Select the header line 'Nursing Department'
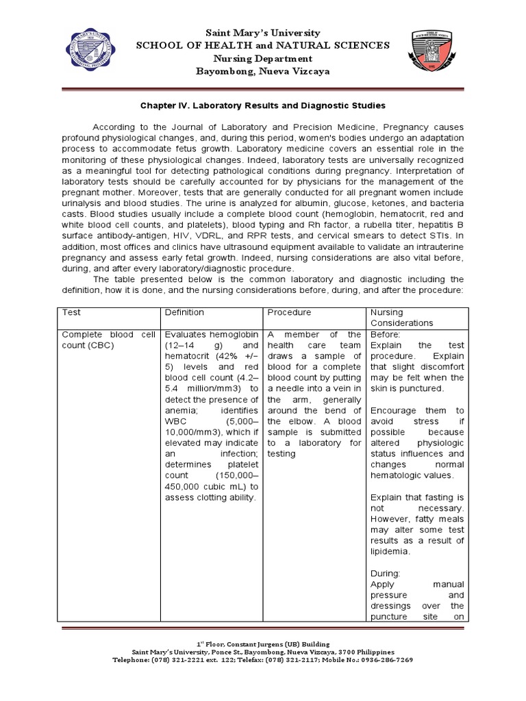coord(263,58)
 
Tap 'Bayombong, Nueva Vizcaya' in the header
coord(263,72)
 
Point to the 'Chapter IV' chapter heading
coord(263,105)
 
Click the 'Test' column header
coord(71,312)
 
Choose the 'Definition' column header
coord(184,312)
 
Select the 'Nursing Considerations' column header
coord(402,318)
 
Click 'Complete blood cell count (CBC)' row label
coord(109,340)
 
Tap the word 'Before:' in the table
coord(386,334)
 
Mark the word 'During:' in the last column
coord(386,574)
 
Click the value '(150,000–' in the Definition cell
coord(236,475)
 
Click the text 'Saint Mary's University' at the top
coord(264,32)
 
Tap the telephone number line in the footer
coord(263,660)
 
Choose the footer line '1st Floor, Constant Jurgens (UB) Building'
coord(263,644)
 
